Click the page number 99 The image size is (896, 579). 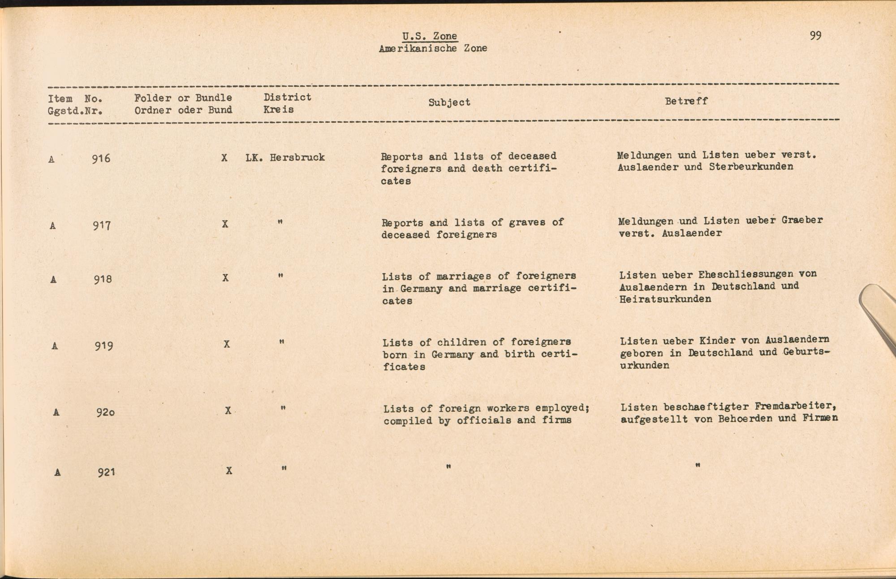(x=815, y=36)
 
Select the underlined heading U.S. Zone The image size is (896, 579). (x=430, y=36)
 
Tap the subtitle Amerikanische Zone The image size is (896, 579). (x=433, y=48)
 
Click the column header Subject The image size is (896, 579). (x=449, y=102)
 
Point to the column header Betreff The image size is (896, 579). (x=686, y=101)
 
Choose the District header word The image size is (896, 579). (x=287, y=97)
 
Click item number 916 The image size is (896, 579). (x=101, y=159)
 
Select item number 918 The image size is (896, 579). (x=103, y=280)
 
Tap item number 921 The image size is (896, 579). (x=107, y=472)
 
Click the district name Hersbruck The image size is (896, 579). (x=297, y=158)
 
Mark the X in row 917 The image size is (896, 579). (x=225, y=224)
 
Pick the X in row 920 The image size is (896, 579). (x=228, y=410)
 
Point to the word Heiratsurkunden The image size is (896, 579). (x=665, y=299)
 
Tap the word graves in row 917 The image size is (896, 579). (x=527, y=222)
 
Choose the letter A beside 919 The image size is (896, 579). (x=55, y=346)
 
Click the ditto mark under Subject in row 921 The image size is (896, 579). (x=448, y=467)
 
